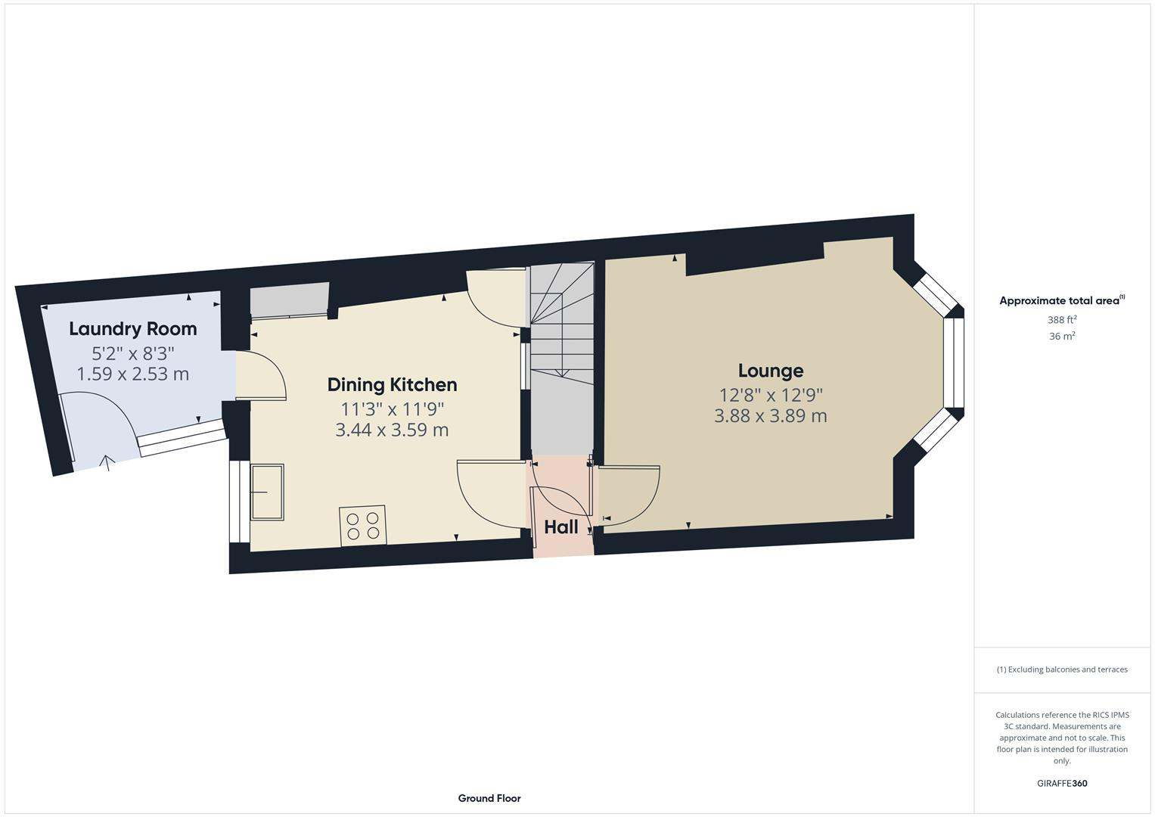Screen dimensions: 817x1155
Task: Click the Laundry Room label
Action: pos(132,329)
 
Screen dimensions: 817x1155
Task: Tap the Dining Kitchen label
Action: pos(392,385)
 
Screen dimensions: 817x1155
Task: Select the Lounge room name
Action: pos(771,371)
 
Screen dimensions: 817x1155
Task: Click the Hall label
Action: pos(561,527)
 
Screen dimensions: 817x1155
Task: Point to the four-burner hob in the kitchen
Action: pos(363,526)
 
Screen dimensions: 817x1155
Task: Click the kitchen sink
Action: pos(268,492)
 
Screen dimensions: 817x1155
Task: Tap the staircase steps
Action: pos(560,325)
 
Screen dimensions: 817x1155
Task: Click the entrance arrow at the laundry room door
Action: pos(107,462)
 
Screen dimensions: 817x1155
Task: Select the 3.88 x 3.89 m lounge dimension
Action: pos(770,416)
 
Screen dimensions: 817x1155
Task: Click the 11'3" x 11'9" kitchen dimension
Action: pos(392,409)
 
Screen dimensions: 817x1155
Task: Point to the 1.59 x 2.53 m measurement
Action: pos(132,374)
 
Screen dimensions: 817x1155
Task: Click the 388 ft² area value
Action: pos(1062,320)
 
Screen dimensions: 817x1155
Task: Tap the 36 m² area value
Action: pos(1062,337)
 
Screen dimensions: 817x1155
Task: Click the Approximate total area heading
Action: pos(1062,301)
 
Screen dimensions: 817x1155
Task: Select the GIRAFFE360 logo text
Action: pos(1062,784)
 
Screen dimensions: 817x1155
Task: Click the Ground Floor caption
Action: pos(489,798)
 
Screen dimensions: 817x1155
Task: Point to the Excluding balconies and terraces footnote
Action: pos(1062,669)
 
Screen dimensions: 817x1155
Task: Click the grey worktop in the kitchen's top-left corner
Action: pos(289,300)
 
